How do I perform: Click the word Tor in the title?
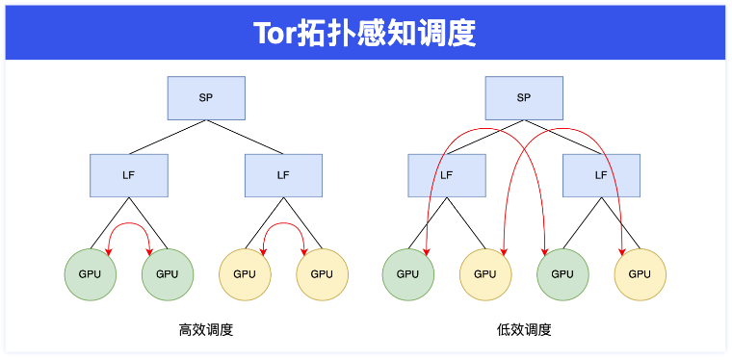[278, 34]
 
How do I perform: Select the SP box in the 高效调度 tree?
[206, 97]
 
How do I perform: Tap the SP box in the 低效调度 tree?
[523, 97]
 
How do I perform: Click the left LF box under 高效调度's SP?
[129, 175]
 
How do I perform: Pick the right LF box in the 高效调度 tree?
[283, 175]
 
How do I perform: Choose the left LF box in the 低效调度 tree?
[446, 175]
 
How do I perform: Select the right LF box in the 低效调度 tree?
[601, 175]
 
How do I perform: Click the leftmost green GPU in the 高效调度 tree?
[91, 273]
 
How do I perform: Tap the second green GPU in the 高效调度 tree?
[168, 273]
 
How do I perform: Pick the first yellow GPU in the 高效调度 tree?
[245, 273]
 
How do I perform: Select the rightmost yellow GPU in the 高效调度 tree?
[322, 273]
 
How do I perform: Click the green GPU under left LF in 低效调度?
[408, 273]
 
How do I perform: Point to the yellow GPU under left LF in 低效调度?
[485, 273]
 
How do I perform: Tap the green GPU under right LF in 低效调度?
[562, 273]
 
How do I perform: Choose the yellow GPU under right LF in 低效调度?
[640, 273]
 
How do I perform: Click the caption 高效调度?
[206, 330]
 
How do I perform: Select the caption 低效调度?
[524, 330]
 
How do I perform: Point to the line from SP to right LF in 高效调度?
[245, 137]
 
